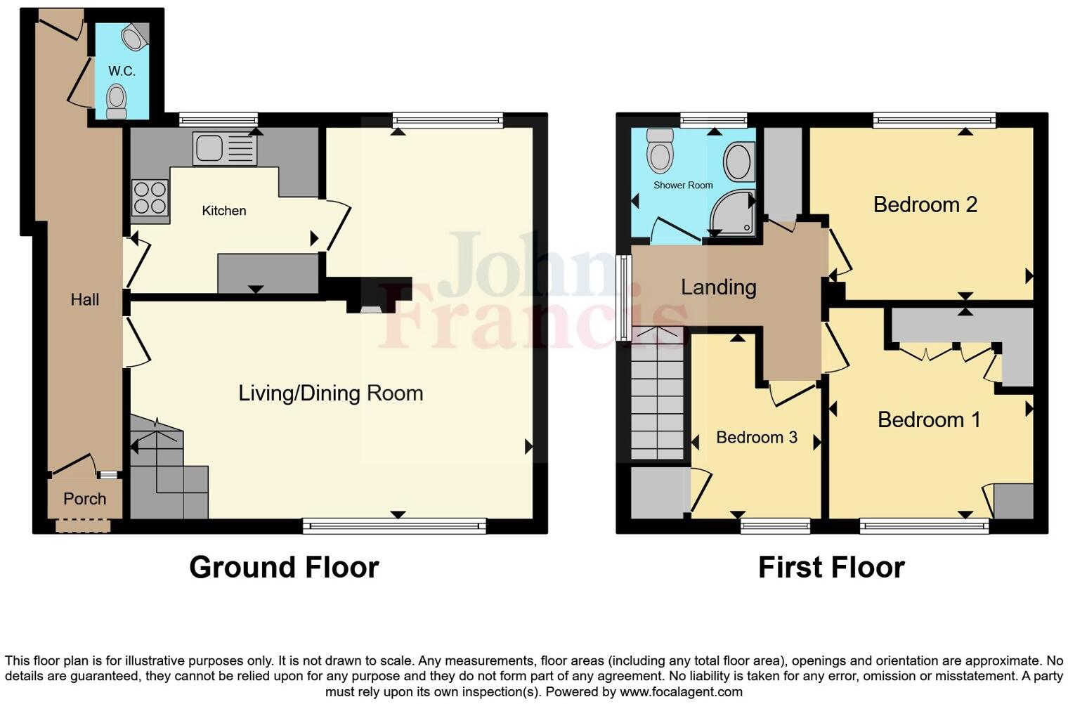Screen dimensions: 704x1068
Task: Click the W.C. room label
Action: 122,71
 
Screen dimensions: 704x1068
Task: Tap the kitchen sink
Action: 224,148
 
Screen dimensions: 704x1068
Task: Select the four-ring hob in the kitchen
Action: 150,197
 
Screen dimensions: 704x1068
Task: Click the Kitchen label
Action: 223,211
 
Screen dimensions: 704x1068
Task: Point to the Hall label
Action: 84,300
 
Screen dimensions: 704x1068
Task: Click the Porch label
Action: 84,499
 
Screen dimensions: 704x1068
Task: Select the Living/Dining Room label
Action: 330,393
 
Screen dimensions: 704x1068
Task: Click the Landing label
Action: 718,287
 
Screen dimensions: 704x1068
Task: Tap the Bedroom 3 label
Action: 756,438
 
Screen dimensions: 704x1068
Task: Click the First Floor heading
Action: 831,567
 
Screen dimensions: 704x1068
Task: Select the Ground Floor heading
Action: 284,567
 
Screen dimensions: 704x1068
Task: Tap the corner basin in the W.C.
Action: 134,37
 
